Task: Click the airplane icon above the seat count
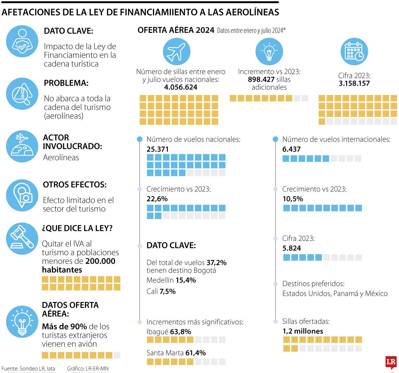pos(176,52)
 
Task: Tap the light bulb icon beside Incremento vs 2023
pos(269,52)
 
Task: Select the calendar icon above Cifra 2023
pos(354,52)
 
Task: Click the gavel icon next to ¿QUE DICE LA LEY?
pos(22,238)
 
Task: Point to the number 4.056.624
pos(181,87)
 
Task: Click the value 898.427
pos(261,80)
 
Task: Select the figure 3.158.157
pos(354,84)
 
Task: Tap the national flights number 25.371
pos(158,149)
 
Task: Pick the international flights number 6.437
pos(291,149)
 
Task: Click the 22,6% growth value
pos(157,199)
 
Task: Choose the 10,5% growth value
pos(293,199)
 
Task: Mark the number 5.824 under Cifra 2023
pos(291,248)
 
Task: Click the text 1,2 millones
pos(303,331)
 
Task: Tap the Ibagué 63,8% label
pos(169,332)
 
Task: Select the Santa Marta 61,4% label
pos(176,353)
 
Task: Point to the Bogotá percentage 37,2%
pos(216,263)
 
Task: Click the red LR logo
pos(391,362)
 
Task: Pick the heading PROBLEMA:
pos(66,83)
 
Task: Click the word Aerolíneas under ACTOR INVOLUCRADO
pos(61,158)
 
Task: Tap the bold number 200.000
pos(100,261)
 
